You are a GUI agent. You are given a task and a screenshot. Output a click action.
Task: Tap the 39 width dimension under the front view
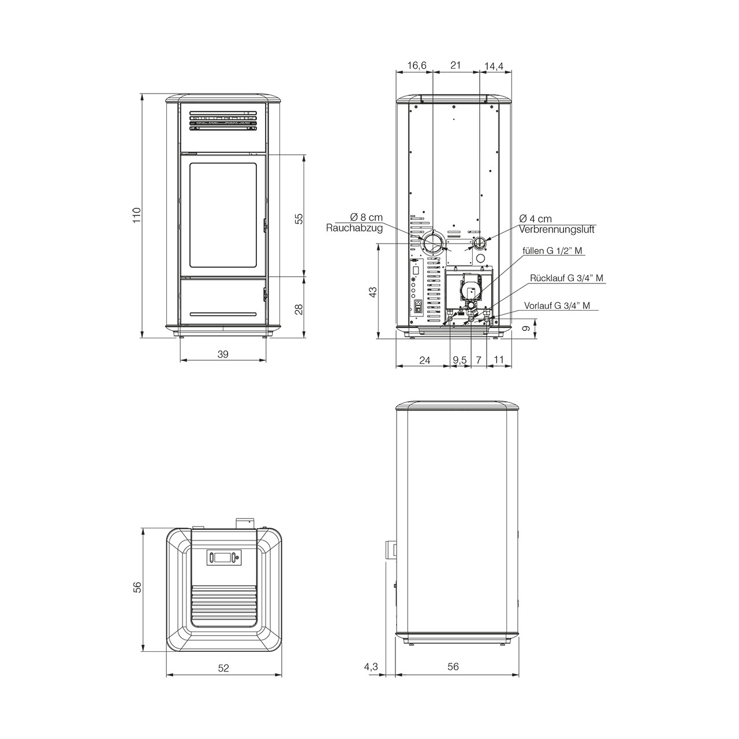pos(223,354)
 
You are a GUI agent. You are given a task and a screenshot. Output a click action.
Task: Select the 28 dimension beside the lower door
pos(299,309)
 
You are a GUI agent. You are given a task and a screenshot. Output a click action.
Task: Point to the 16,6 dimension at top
pos(417,65)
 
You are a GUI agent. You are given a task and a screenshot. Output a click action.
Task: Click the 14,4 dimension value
pos(494,66)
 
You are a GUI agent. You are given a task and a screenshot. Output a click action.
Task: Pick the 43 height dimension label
pos(373,292)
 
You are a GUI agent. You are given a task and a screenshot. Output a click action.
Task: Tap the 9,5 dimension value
pos(460,360)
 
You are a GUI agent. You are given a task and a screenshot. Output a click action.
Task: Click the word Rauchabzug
pos(354,228)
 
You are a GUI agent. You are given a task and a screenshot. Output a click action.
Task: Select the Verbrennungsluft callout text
pos(557,230)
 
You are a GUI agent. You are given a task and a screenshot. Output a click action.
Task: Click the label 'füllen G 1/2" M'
pos(553,251)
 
